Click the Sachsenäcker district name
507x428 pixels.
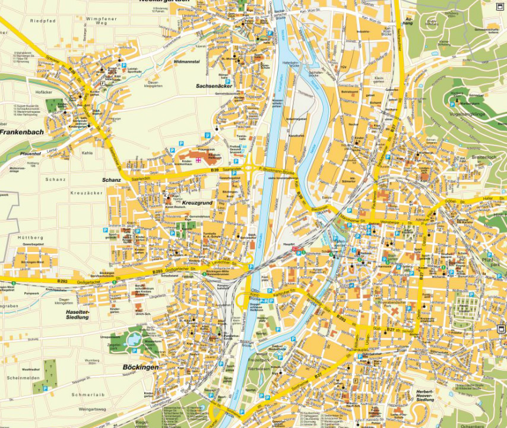point(214,86)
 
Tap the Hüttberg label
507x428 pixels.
point(21,237)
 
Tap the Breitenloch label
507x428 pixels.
point(484,158)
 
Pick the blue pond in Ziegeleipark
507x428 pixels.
point(132,339)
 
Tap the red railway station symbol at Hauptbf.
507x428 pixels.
point(295,251)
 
